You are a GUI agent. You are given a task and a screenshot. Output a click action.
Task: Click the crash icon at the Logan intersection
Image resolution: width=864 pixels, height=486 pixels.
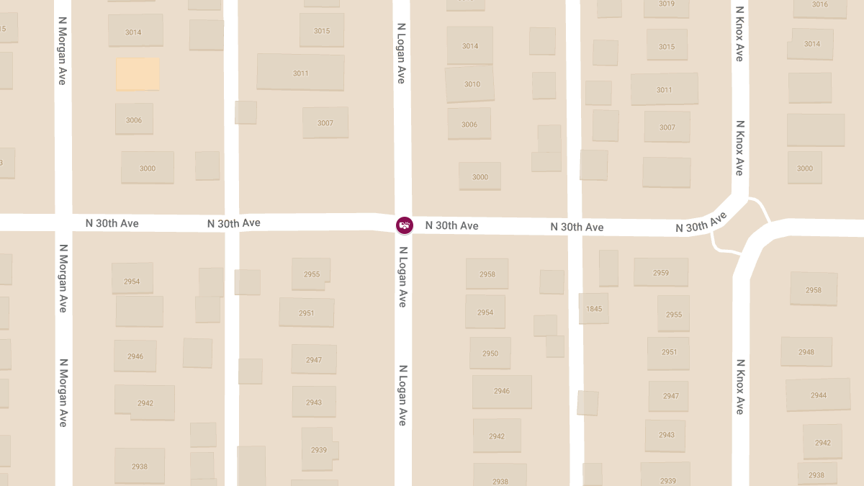(405, 225)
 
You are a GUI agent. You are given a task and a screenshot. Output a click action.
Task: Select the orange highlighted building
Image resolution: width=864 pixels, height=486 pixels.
(138, 74)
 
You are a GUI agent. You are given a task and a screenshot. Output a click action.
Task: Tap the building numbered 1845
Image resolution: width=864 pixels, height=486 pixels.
(594, 308)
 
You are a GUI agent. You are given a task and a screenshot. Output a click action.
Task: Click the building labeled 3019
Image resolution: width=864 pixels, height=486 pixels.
(667, 6)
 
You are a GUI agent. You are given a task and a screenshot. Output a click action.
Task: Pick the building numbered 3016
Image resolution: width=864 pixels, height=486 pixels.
(819, 6)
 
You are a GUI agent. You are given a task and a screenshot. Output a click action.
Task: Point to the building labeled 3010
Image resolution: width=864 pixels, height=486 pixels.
(471, 84)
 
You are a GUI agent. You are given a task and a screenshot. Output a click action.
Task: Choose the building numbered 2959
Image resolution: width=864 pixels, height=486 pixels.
(660, 272)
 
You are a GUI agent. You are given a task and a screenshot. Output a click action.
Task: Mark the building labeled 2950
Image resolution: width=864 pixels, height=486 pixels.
(490, 353)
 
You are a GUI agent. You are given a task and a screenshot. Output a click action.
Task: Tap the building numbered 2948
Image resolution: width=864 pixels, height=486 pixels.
(806, 351)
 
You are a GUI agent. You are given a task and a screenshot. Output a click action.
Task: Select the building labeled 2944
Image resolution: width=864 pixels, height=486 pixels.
(819, 395)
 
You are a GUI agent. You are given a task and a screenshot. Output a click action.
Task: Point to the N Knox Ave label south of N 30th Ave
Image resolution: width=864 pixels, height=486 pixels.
(739, 387)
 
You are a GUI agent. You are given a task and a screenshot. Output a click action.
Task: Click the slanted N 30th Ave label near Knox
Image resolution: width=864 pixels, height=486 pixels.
(701, 222)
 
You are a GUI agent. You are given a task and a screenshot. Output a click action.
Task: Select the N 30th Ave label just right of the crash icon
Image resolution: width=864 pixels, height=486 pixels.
(451, 225)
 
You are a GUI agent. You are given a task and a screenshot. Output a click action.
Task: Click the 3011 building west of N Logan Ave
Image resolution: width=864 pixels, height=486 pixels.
(300, 72)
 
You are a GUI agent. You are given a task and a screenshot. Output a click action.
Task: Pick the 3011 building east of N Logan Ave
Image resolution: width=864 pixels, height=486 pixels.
(664, 89)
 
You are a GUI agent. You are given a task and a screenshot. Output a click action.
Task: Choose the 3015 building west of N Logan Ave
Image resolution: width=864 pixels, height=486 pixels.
(321, 30)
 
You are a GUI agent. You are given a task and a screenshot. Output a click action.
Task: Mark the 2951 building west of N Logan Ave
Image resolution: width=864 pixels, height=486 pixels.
(307, 312)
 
